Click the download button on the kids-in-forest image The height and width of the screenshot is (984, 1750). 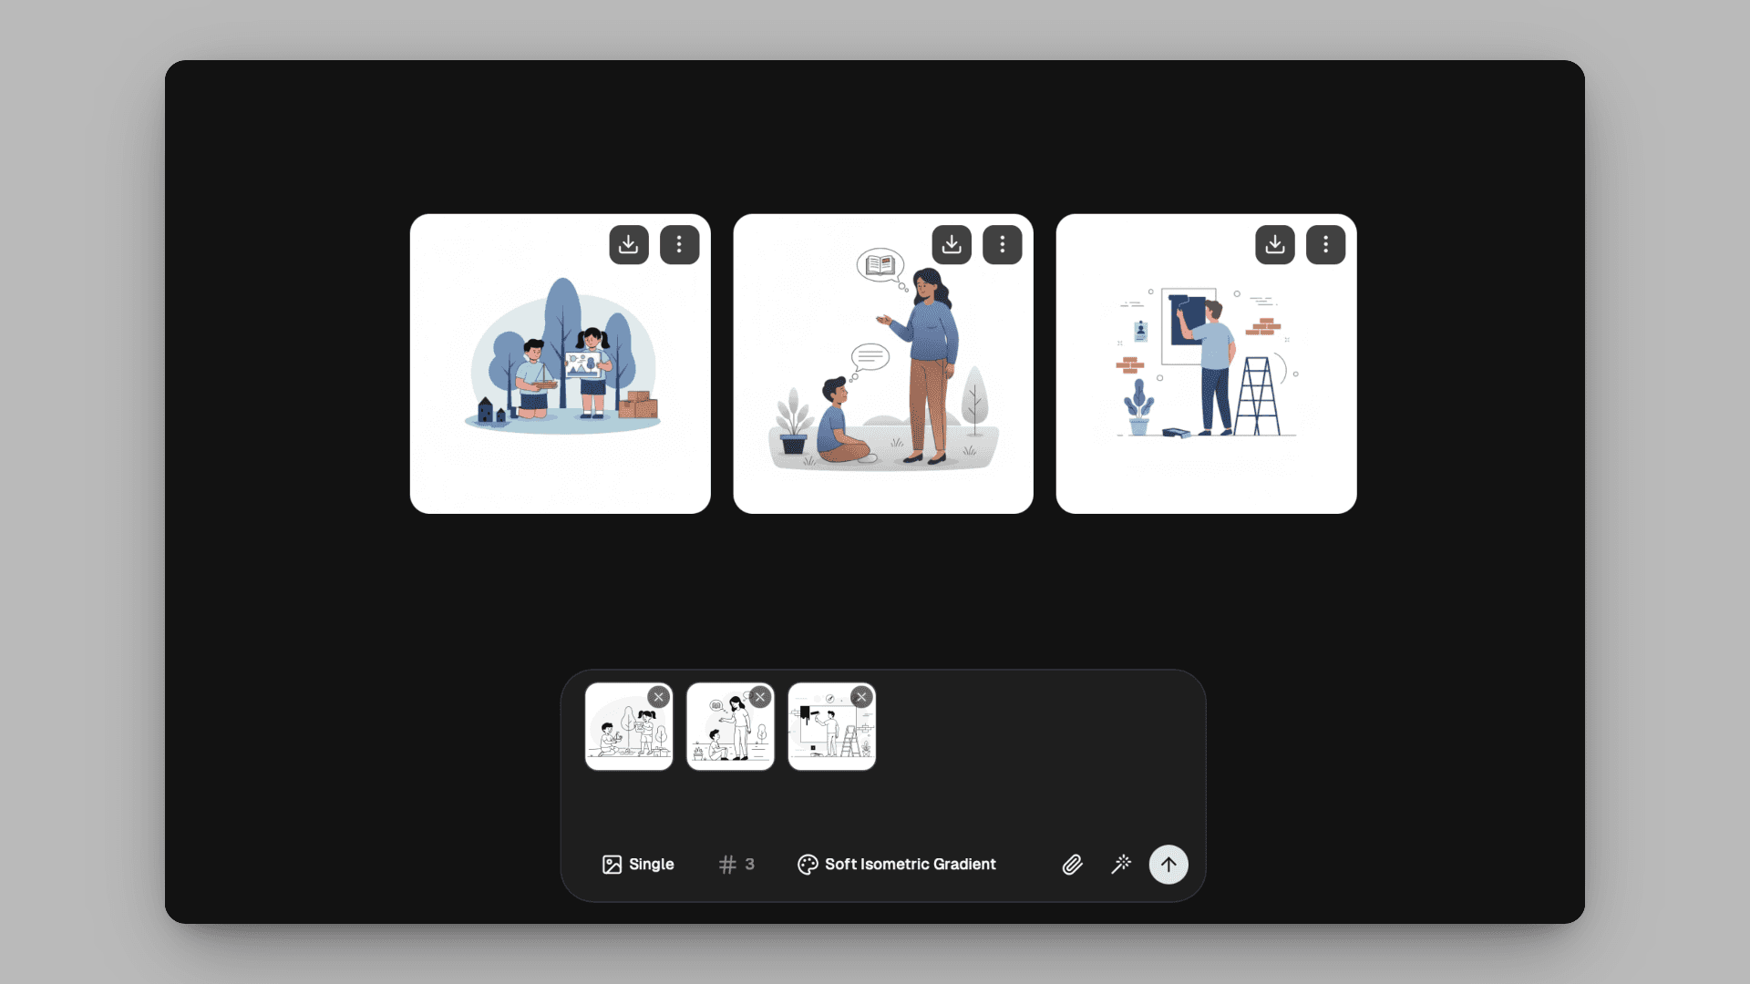(629, 244)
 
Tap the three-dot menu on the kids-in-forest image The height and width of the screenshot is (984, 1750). (679, 244)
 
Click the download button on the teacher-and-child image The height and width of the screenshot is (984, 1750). (952, 244)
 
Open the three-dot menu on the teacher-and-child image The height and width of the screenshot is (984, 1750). (1002, 244)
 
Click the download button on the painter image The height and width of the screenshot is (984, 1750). (1275, 244)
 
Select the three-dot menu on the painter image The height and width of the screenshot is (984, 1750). (1325, 244)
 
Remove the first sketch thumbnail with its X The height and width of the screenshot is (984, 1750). (659, 697)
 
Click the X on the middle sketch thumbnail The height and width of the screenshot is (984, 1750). (760, 697)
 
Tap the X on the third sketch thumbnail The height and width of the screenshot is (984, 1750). (861, 697)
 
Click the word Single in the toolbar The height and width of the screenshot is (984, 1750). (652, 864)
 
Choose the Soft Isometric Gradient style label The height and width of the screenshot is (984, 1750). (911, 864)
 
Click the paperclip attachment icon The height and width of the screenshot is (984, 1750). (1073, 865)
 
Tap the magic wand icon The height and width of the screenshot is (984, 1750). (1121, 864)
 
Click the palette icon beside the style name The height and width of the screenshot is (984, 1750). (808, 865)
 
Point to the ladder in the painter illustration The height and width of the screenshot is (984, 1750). (1257, 395)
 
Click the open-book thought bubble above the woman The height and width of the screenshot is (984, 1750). (880, 265)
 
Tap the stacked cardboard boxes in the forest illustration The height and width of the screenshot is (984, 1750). (639, 405)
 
